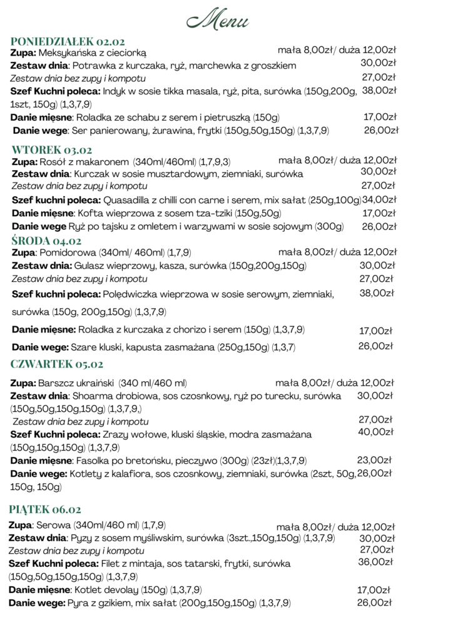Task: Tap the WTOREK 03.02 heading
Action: pos(52,149)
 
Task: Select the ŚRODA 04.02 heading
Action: pos(46,241)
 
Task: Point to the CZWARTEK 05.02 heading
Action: pos(56,364)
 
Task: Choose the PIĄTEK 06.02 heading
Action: pos(45,509)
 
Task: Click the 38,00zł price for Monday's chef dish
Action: pos(379,91)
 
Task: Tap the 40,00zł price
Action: pos(375,432)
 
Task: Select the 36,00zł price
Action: pos(375,562)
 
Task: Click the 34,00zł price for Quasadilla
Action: pos(379,200)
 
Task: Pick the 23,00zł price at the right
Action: pos(374,460)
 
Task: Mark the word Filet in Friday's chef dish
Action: pos(114,564)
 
